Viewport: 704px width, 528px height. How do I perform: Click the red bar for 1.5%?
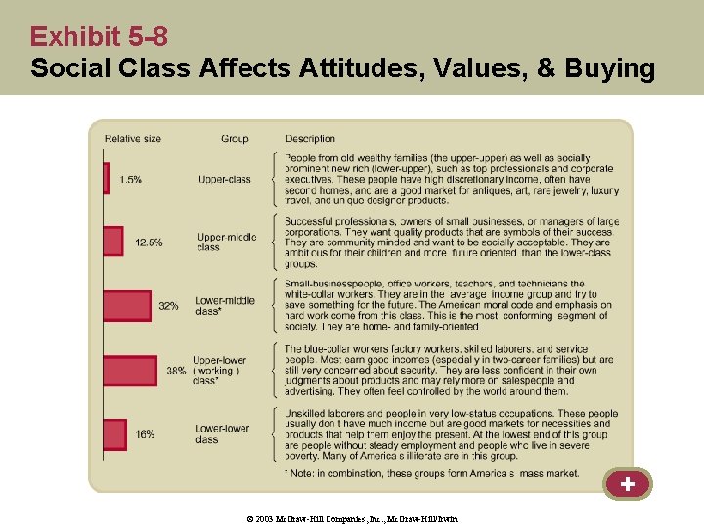[x=106, y=178]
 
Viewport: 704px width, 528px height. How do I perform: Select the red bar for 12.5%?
[x=113, y=242]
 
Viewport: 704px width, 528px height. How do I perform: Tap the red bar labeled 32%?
[x=127, y=306]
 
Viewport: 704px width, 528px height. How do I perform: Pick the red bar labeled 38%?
[x=129, y=370]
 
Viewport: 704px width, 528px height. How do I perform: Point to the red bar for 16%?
[x=114, y=434]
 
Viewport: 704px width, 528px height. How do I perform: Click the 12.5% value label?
[x=149, y=242]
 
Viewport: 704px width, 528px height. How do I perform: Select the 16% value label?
[x=145, y=434]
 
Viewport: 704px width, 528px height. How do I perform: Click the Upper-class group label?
[x=224, y=180]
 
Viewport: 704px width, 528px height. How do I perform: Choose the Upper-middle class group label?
[x=226, y=242]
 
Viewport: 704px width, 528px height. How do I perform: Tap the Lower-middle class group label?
[x=224, y=306]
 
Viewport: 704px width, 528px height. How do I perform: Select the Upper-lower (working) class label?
[x=219, y=370]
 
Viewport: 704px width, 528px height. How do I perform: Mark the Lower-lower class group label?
[x=222, y=434]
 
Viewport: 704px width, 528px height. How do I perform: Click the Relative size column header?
[x=133, y=139]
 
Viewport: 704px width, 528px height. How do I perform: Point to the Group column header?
[x=235, y=139]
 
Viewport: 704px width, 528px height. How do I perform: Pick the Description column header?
[x=310, y=139]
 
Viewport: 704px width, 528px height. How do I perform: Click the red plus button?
[x=627, y=484]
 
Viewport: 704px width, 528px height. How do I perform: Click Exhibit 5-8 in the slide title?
[x=99, y=37]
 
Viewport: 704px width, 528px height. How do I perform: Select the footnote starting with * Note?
[x=431, y=474]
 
